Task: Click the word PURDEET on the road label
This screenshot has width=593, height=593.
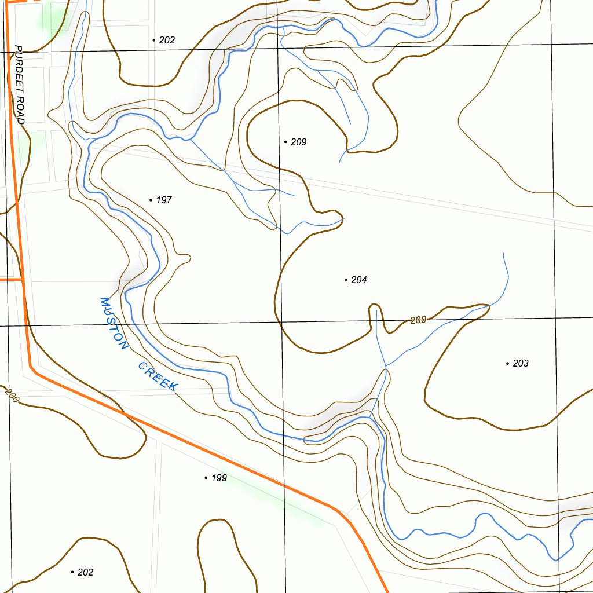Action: [20, 69]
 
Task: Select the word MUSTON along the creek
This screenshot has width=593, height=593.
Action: [113, 324]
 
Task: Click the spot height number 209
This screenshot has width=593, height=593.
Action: [298, 142]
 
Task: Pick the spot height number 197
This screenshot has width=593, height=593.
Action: [164, 200]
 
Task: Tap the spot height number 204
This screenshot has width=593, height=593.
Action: [358, 280]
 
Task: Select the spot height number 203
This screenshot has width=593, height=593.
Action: [521, 363]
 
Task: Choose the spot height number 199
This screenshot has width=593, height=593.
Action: [219, 478]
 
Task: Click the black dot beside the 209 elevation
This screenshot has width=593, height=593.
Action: [285, 142]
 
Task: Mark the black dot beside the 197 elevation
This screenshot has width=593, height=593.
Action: [151, 200]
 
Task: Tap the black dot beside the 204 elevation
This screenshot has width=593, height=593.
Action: [346, 280]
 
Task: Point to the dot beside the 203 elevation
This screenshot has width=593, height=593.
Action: [508, 363]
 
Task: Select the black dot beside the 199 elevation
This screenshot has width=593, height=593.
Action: [206, 478]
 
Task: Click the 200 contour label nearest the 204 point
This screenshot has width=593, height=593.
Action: [418, 320]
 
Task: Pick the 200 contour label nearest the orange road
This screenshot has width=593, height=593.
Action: [10, 396]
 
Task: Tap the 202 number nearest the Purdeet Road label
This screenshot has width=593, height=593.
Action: [167, 40]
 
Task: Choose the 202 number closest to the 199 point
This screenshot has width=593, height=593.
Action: [85, 572]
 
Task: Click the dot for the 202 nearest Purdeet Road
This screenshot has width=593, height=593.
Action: [154, 40]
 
